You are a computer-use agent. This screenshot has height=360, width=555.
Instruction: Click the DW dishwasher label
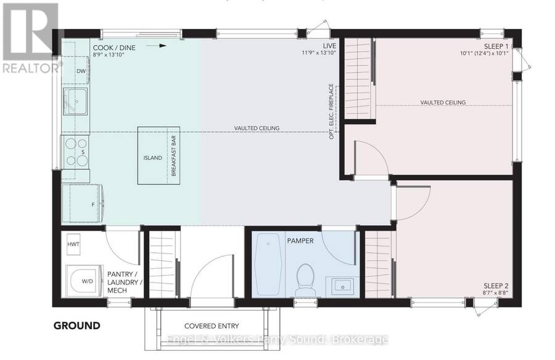[x=81, y=71]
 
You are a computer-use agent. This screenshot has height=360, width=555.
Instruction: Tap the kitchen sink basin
[x=75, y=101]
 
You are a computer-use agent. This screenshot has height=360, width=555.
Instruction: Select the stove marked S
[x=76, y=152]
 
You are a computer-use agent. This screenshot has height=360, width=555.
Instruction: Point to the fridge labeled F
[x=83, y=204]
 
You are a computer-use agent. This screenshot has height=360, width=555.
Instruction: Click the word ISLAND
[x=152, y=158]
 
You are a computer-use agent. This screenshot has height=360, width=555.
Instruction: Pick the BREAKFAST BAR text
[x=173, y=156]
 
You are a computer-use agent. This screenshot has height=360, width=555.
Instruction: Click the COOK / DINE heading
[x=114, y=48]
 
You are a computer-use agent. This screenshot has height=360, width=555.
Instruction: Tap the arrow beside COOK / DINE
[x=156, y=46]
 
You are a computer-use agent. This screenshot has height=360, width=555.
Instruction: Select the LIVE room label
[x=329, y=46]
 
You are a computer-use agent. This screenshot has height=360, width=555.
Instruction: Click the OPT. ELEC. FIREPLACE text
[x=331, y=111]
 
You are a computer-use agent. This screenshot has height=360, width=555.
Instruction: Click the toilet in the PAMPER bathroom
[x=306, y=280]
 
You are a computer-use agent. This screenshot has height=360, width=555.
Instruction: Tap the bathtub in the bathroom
[x=268, y=264]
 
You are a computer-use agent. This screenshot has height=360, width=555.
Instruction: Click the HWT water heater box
[x=73, y=244]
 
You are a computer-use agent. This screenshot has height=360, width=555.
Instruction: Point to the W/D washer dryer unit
[x=84, y=281]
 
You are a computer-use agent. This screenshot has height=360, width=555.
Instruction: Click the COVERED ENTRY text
[x=212, y=326]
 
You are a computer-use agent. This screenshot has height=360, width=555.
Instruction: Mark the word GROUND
[x=77, y=325]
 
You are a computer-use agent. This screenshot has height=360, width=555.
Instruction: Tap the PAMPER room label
[x=300, y=240]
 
